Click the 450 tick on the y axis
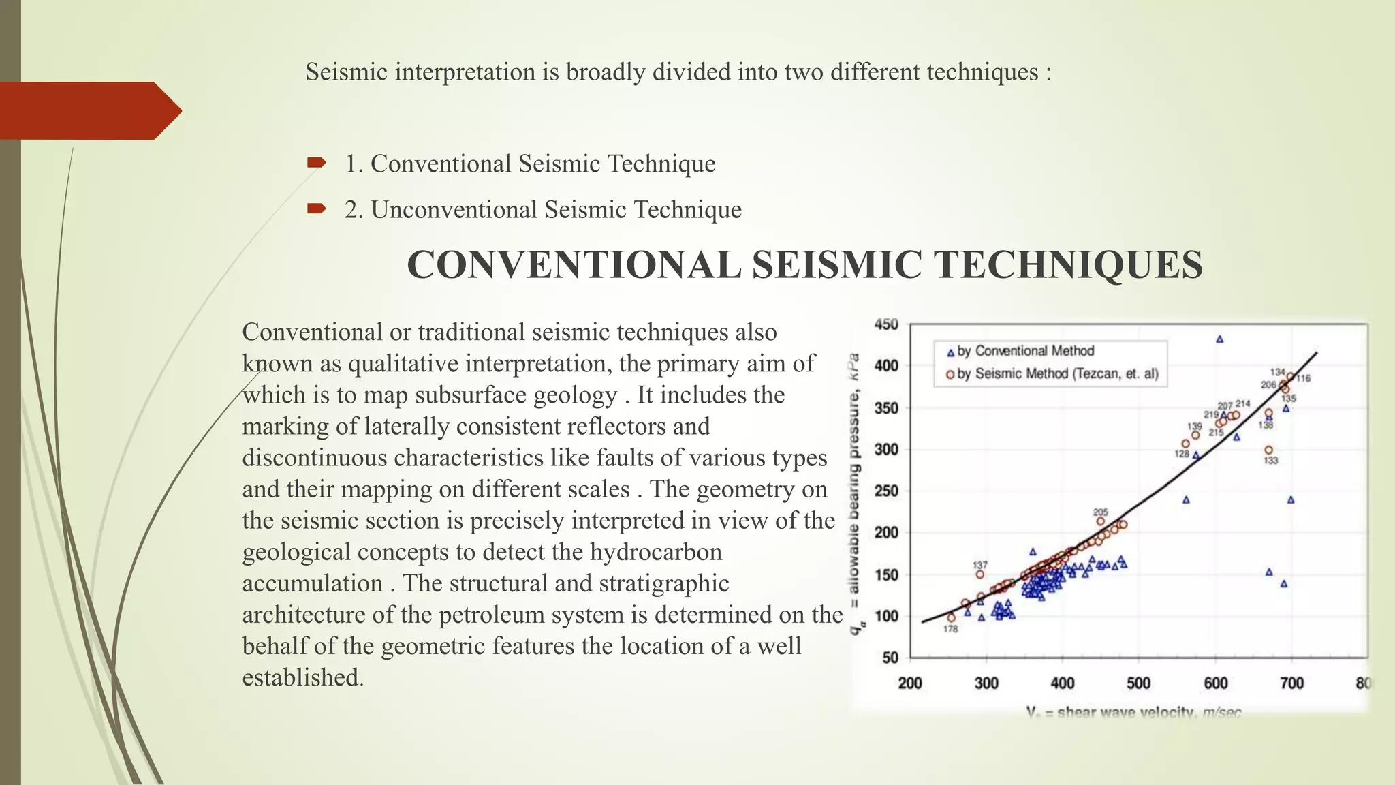pyautogui.click(x=886, y=324)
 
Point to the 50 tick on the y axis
pyautogui.click(x=890, y=658)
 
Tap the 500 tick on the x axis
pyautogui.click(x=1138, y=683)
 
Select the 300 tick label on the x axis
pyautogui.click(x=986, y=683)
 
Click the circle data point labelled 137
pyautogui.click(x=980, y=574)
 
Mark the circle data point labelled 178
pyautogui.click(x=952, y=618)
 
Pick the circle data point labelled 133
pyautogui.click(x=1268, y=450)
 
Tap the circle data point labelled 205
pyautogui.click(x=1101, y=521)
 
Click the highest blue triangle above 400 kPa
pyautogui.click(x=1220, y=339)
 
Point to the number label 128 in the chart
pyautogui.click(x=1182, y=454)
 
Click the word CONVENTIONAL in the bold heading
pyautogui.click(x=574, y=265)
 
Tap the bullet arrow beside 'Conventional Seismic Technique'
pyautogui.click(x=316, y=163)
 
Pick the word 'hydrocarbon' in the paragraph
pyautogui.click(x=656, y=552)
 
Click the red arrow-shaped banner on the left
pyautogui.click(x=89, y=111)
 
